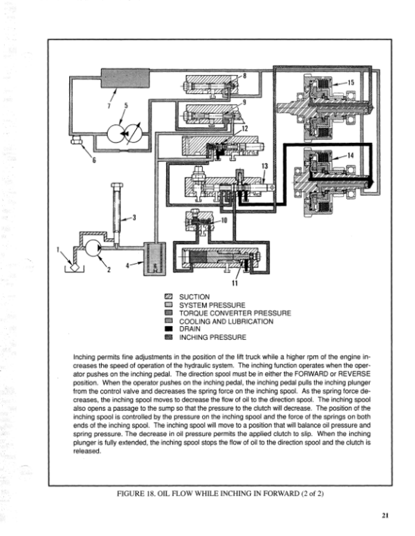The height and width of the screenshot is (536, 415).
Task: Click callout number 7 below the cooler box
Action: click(109, 106)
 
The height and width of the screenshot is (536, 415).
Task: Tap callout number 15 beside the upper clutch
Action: click(351, 82)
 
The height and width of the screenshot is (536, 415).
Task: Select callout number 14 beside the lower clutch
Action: click(350, 155)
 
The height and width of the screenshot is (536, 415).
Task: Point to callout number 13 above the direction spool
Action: click(265, 166)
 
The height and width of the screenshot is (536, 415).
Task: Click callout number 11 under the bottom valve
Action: click(234, 283)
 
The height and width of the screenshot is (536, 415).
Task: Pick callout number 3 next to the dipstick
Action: click(134, 218)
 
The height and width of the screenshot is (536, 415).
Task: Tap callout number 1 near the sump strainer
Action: click(58, 249)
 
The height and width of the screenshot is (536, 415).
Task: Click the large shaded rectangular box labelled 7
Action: click(125, 78)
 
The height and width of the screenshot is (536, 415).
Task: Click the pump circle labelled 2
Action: click(93, 248)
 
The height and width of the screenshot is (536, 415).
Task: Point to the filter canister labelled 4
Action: click(154, 259)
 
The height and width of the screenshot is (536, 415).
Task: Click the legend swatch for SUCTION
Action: click(169, 297)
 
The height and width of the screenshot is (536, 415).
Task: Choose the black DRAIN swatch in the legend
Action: click(169, 329)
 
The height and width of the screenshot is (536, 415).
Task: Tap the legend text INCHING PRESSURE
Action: click(212, 337)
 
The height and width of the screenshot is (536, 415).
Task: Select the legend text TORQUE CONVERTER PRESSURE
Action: click(235, 313)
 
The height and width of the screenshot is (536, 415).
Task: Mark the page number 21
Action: click(385, 515)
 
